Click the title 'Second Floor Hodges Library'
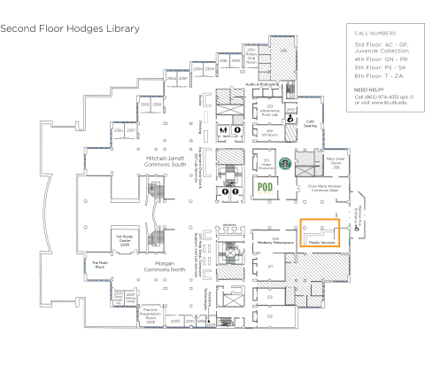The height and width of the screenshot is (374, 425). coord(70,28)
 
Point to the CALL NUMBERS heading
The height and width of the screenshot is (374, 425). coord(372,32)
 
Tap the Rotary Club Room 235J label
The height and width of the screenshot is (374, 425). coord(251,58)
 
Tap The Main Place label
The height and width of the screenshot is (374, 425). coord(100,264)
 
